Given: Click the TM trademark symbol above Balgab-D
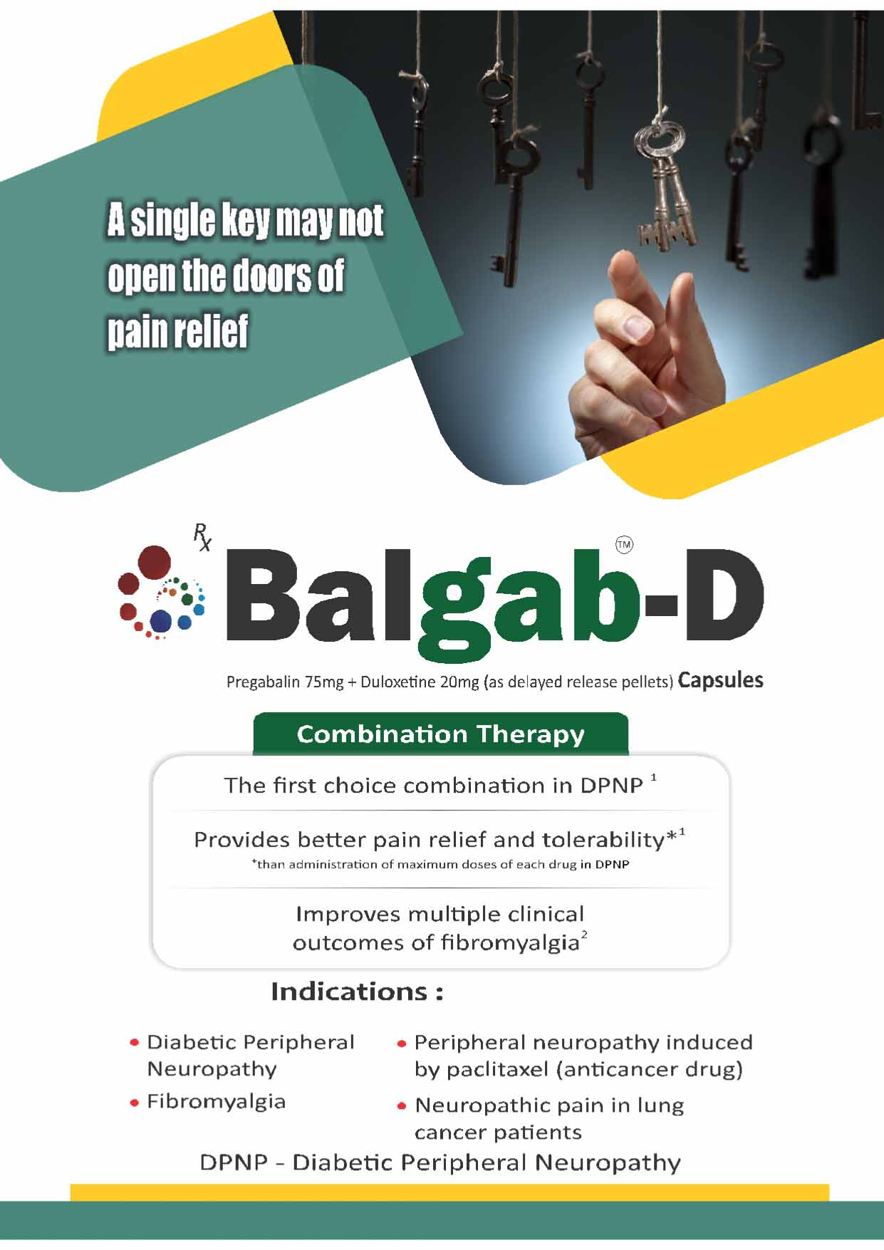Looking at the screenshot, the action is point(624,545).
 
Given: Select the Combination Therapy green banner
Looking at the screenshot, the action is point(441,734).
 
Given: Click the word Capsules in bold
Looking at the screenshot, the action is point(720,680).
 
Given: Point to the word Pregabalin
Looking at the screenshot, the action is point(263,682).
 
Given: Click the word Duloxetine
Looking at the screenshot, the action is point(397,682).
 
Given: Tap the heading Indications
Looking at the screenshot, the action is point(357,991).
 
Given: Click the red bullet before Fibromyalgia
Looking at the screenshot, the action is point(134,1103).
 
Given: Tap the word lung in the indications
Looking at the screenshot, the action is point(660,1106).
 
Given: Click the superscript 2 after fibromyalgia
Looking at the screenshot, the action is point(584,935).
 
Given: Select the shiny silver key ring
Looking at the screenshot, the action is point(660,140).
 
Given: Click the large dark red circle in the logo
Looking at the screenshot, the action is point(153,563).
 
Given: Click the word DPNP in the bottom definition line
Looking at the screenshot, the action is point(234,1163).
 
